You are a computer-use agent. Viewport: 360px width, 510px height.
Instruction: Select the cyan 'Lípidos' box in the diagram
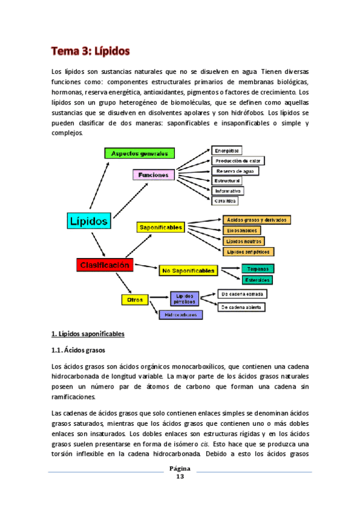click(88, 221)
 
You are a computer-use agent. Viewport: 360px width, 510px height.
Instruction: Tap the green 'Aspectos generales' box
click(139, 153)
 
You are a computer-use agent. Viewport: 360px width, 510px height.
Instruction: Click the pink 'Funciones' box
click(153, 175)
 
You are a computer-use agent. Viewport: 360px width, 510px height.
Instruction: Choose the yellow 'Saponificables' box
click(160, 228)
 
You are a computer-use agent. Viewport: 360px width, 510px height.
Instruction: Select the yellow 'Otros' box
click(132, 299)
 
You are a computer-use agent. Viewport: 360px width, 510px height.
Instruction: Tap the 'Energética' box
click(227, 150)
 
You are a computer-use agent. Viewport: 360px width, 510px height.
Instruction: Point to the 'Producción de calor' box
click(238, 161)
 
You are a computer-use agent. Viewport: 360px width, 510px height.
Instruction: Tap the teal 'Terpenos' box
click(258, 269)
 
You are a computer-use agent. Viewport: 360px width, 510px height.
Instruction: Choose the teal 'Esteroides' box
click(258, 280)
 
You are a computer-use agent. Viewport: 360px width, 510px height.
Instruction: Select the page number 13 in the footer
click(180, 477)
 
